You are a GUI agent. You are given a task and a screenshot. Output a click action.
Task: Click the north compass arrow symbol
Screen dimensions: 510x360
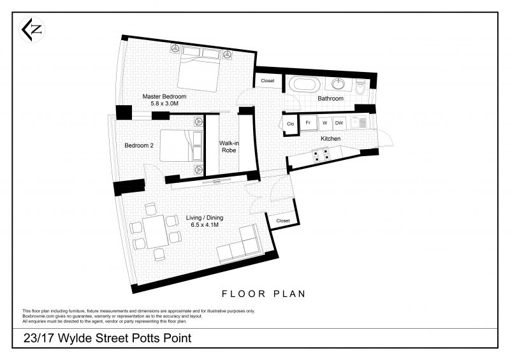point(31,30)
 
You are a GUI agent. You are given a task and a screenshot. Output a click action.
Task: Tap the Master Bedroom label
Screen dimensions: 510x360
point(164,97)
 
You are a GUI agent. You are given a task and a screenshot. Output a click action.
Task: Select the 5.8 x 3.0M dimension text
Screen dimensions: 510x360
point(164,104)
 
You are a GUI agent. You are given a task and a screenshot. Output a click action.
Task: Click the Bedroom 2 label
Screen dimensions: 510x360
point(139,145)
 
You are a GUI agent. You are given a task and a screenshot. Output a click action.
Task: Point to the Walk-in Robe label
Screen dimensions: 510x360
point(229,147)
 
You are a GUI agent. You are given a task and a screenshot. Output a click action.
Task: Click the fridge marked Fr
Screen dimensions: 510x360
point(308,123)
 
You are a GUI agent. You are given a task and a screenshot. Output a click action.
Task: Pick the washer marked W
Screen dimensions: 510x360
point(324,123)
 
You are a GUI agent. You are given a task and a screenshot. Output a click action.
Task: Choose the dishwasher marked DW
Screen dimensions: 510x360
point(339,123)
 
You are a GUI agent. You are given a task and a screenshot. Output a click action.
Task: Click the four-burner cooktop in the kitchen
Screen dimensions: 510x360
point(321,155)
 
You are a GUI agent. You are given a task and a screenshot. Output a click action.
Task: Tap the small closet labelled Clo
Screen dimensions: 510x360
point(291,124)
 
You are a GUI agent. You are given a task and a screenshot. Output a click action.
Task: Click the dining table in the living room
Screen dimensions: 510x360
point(156,231)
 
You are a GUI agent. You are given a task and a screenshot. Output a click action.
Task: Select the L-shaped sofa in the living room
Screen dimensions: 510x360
point(240,245)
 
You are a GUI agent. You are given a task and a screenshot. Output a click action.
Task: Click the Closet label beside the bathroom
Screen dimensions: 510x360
point(268,81)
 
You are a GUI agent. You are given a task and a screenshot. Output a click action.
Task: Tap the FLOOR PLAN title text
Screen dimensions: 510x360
point(264,294)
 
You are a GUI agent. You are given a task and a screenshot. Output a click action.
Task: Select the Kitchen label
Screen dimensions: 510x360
point(330,138)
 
